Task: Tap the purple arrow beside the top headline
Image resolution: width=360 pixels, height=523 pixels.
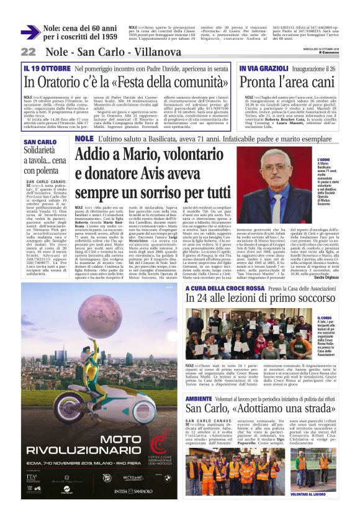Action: click(30, 32)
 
